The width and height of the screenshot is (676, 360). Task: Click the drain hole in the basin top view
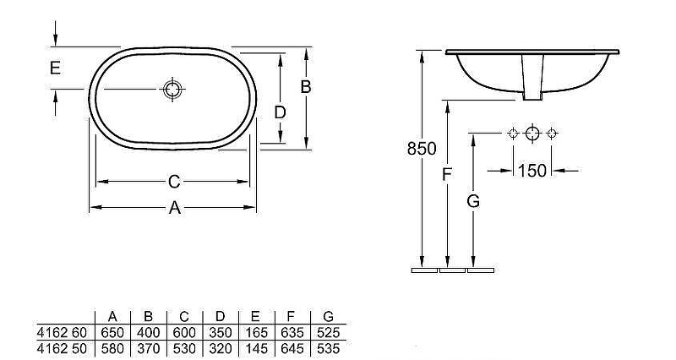click(x=172, y=90)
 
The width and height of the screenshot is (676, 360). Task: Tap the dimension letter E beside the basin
click(x=55, y=68)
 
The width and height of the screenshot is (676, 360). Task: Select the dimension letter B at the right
click(x=306, y=87)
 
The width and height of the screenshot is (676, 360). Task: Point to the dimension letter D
click(x=281, y=112)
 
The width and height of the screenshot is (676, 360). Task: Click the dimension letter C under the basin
click(x=174, y=182)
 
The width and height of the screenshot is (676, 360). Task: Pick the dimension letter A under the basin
click(x=174, y=208)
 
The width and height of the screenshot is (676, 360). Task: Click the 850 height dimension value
click(x=422, y=149)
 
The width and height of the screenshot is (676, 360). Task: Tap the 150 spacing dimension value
click(x=532, y=171)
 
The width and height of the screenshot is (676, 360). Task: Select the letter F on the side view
click(x=447, y=175)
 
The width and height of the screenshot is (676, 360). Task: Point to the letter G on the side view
click(x=473, y=201)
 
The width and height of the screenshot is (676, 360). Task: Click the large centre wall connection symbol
click(x=532, y=134)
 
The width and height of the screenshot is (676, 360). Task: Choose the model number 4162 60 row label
click(x=62, y=332)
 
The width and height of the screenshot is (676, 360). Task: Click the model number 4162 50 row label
click(x=62, y=348)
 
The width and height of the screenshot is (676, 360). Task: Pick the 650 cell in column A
click(x=112, y=332)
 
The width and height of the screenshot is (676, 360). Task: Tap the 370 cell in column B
click(x=149, y=348)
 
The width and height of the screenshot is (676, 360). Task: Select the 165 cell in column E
click(x=256, y=332)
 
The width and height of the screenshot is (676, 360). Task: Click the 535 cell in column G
click(x=328, y=348)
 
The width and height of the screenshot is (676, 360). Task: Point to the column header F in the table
click(x=291, y=317)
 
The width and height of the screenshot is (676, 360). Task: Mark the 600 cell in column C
click(x=184, y=332)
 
